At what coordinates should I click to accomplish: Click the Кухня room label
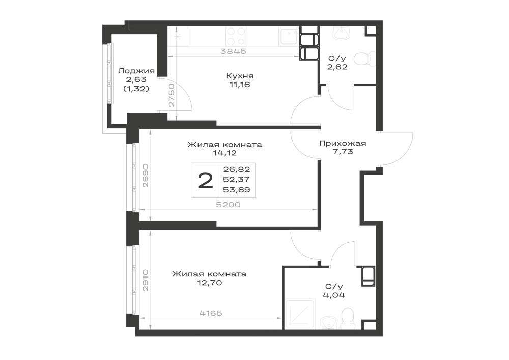tap(240, 76)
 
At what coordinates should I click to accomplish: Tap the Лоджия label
tap(136, 71)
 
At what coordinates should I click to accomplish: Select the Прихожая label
tap(343, 143)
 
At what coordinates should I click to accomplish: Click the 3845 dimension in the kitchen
tap(233, 51)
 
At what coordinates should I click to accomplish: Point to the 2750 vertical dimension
tap(172, 95)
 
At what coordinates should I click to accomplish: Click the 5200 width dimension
tap(229, 205)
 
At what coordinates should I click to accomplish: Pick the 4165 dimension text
tap(211, 313)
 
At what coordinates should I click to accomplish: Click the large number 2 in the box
tap(205, 181)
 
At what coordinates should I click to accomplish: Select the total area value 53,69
tap(236, 190)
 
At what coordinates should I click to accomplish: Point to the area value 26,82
tap(236, 169)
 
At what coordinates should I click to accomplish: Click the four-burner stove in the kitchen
tap(236, 36)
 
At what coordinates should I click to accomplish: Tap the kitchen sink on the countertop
tap(288, 36)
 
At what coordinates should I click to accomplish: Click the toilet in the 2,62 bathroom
tap(362, 60)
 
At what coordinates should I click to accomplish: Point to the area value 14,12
tap(224, 153)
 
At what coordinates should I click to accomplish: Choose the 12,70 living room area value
tap(209, 283)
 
